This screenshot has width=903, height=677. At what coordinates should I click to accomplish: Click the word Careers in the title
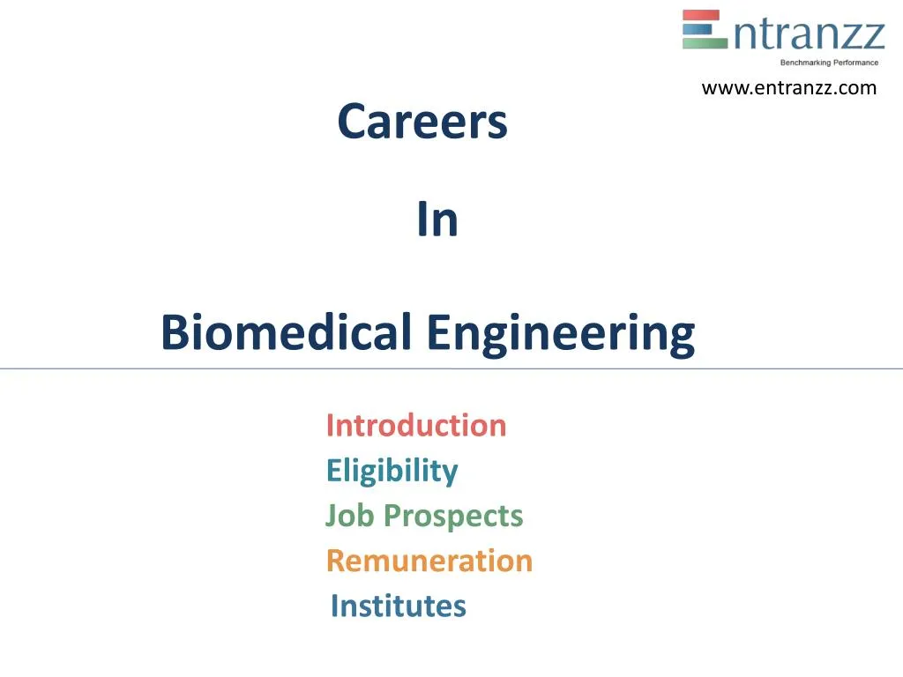[x=422, y=122]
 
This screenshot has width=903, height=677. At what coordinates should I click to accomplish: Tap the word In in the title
[x=437, y=219]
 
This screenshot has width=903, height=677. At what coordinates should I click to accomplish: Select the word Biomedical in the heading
[x=287, y=332]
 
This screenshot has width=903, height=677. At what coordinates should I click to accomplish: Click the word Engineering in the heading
[x=561, y=334]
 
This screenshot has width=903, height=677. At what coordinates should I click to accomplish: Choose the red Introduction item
[x=416, y=426]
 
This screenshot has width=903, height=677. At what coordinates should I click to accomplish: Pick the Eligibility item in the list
[x=392, y=472]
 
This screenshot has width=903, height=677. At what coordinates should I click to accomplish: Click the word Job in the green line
[x=349, y=515]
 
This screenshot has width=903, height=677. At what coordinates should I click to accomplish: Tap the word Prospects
[x=453, y=517]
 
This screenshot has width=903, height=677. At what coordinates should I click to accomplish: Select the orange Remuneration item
[x=429, y=561]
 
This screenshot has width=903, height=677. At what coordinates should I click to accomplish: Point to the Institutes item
[x=399, y=606]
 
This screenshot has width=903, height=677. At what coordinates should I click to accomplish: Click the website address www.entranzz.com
[x=789, y=88]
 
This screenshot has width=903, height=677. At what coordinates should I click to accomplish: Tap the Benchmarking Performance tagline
[x=829, y=63]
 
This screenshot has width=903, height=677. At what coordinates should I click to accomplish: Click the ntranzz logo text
[x=810, y=34]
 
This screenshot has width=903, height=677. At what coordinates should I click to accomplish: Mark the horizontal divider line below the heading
[x=451, y=368]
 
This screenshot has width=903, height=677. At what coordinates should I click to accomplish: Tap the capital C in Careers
[x=354, y=122]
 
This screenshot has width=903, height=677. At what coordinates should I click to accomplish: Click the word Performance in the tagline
[x=855, y=63]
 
